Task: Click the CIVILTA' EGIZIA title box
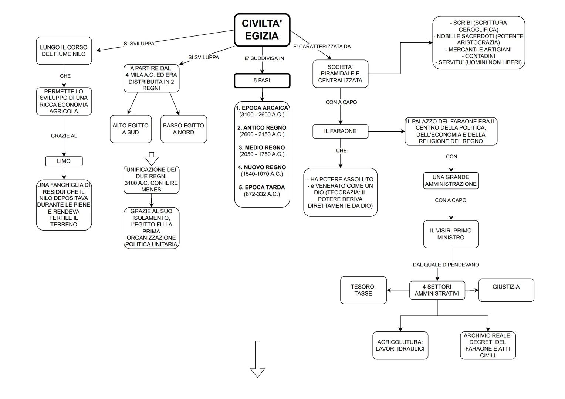[x=262, y=30]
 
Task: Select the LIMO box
[x=64, y=161]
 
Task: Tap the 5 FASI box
[x=262, y=81]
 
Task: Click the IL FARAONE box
[x=340, y=131]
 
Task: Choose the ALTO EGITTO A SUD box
[x=131, y=129]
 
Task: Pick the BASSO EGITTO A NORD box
[x=183, y=129]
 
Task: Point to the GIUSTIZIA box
[x=506, y=290]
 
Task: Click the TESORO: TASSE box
[x=363, y=290]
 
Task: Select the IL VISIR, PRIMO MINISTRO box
[x=451, y=234]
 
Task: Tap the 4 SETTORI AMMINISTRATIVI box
[x=437, y=290]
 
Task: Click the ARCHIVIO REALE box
[x=487, y=345]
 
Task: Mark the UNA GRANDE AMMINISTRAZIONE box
[x=451, y=181]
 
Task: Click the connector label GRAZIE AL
[x=64, y=136]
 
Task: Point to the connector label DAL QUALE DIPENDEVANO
[x=446, y=265]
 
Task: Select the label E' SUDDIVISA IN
[x=264, y=58]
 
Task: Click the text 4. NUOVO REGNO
[x=262, y=167]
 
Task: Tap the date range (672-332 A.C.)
[x=262, y=194]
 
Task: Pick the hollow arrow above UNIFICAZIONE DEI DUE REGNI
[x=151, y=158]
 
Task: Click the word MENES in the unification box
[x=151, y=190]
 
